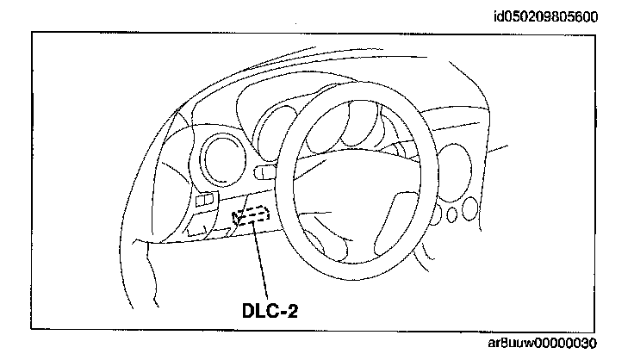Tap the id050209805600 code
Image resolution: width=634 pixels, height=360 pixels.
coord(544,16)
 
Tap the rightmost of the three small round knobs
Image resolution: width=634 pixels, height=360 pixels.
coord(469,208)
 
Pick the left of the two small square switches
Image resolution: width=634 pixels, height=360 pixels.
coord(202,200)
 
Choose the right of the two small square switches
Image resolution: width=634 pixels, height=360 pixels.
coord(212,199)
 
